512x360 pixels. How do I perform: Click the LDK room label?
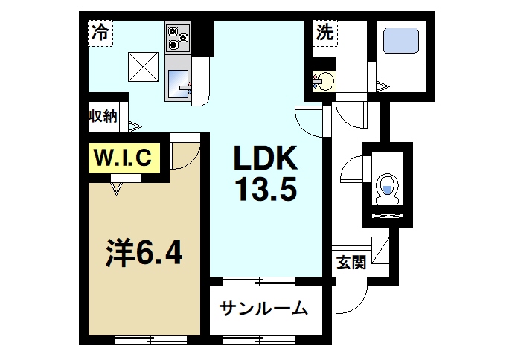[266, 158]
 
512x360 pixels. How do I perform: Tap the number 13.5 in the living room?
[266, 190]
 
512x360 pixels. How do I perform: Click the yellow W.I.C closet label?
[124, 158]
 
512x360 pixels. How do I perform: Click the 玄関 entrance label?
[351, 262]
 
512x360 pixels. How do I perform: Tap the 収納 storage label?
[103, 115]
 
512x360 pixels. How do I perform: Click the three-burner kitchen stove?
[178, 37]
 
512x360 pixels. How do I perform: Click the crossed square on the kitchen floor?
[143, 66]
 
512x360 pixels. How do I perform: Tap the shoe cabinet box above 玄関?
[379, 250]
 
